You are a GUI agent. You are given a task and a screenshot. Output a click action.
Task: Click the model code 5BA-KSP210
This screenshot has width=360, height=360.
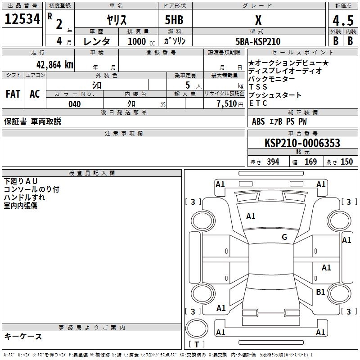pyautogui.click(x=258, y=41)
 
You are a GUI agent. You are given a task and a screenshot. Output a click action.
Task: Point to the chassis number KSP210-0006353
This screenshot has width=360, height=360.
pyautogui.click(x=302, y=143)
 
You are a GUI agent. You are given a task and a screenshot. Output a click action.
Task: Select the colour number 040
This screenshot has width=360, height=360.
pyautogui.click(x=75, y=104)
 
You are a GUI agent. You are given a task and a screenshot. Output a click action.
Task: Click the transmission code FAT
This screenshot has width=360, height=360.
pyautogui.click(x=13, y=94)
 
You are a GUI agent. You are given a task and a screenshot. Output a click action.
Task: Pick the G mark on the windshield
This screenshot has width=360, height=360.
pyautogui.click(x=284, y=237)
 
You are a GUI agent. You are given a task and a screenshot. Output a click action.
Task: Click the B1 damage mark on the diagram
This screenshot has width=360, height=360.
pyautogui.click(x=320, y=292)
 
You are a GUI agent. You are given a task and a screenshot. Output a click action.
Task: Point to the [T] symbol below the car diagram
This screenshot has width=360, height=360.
pyautogui.click(x=197, y=345)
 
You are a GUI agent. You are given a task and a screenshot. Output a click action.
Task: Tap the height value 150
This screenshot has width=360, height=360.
pyautogui.click(x=346, y=162)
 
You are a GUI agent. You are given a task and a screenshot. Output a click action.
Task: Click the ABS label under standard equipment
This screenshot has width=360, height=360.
pyautogui.click(x=258, y=121)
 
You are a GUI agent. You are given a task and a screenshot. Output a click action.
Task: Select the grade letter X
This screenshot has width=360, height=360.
pyautogui.click(x=258, y=20)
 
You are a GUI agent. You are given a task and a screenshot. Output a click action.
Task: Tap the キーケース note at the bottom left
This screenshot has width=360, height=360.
pyautogui.click(x=23, y=336)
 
